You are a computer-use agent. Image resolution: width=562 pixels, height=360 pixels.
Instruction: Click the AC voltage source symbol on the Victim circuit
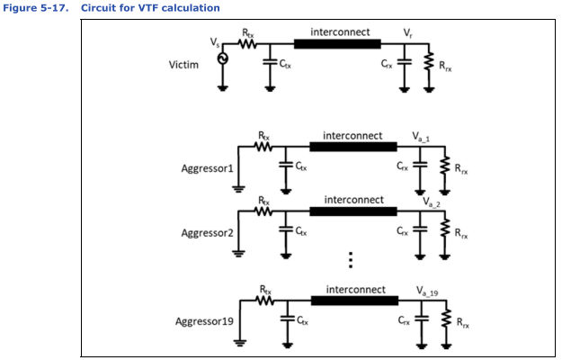223,58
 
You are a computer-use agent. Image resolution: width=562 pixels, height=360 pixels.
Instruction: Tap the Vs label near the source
215,42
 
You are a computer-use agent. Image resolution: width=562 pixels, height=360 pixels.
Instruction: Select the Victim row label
183,65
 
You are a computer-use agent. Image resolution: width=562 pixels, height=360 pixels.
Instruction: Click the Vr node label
408,33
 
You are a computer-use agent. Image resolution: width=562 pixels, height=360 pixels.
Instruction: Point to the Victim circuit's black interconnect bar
337,44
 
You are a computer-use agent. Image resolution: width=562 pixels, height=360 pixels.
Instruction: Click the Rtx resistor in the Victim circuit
247,44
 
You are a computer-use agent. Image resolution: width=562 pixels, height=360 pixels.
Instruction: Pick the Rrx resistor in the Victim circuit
429,61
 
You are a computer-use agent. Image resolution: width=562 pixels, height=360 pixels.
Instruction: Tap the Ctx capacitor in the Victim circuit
270,62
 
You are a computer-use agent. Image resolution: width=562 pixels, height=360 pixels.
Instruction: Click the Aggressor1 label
207,168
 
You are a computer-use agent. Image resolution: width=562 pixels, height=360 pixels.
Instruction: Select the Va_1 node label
421,137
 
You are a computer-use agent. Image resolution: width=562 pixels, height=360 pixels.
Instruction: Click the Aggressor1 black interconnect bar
353,147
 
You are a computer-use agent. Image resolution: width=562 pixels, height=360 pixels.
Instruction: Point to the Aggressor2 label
207,233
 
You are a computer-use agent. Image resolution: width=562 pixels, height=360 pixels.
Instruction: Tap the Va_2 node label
432,202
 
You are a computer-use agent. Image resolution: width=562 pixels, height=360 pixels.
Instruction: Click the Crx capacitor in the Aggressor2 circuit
420,229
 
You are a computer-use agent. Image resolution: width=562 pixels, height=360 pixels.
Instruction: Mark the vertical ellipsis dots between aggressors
351,260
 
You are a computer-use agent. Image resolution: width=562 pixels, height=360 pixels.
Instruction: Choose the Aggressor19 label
204,321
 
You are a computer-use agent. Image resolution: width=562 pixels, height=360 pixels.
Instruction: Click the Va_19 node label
427,291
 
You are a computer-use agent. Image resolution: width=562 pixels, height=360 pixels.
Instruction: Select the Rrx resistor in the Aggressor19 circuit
446,318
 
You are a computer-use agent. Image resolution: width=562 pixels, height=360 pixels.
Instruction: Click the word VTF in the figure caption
149,8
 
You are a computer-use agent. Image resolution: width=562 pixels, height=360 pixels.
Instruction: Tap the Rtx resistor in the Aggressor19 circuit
265,301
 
